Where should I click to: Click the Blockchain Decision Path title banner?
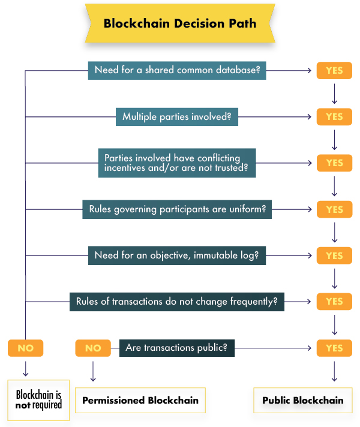tap(180, 23)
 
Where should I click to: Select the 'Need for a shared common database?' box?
tap(177, 70)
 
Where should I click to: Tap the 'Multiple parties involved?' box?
tap(177, 116)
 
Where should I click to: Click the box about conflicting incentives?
tap(177, 163)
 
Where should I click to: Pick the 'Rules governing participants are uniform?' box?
tap(177, 209)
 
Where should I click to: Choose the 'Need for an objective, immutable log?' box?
tap(177, 255)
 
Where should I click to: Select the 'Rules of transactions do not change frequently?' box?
tap(177, 302)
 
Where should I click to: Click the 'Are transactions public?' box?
tap(177, 348)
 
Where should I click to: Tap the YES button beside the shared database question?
tap(334, 71)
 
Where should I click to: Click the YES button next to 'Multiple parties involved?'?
tap(334, 117)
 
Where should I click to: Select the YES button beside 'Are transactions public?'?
tap(334, 348)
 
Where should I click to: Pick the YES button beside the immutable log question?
tap(334, 255)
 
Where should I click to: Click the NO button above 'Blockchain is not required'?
tap(26, 348)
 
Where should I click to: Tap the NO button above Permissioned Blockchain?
tap(93, 348)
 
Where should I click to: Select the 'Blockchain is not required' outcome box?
tap(38, 400)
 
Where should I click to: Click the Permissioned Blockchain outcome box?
tap(140, 401)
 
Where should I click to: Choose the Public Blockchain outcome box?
tap(303, 401)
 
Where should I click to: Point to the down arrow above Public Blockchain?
tap(334, 371)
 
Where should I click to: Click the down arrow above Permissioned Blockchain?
tap(93, 371)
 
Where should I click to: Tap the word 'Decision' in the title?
tap(199, 23)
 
